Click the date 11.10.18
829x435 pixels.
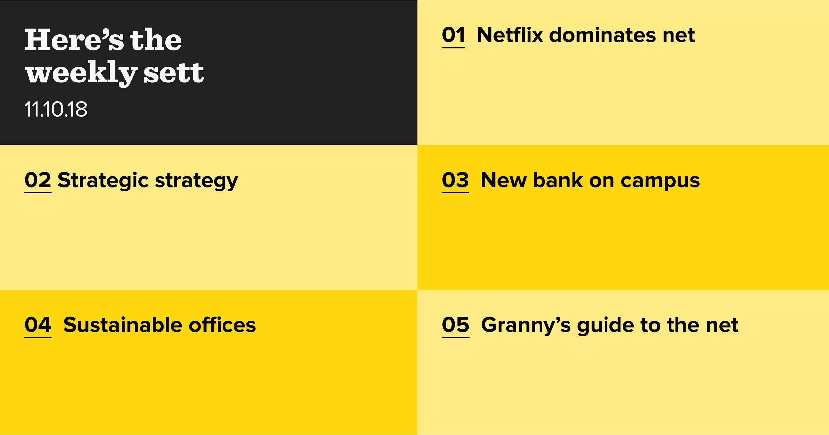tap(56, 109)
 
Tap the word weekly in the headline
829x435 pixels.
tap(81, 73)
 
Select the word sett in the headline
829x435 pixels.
tap(173, 72)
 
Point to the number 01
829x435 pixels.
tap(453, 35)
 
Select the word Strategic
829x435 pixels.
tap(103, 181)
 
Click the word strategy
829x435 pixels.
tap(196, 181)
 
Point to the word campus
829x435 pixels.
tap(660, 181)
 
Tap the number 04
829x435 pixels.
tap(38, 325)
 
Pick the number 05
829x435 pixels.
tap(456, 325)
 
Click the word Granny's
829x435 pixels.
tap(526, 326)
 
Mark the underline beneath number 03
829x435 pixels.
tap(455, 192)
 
